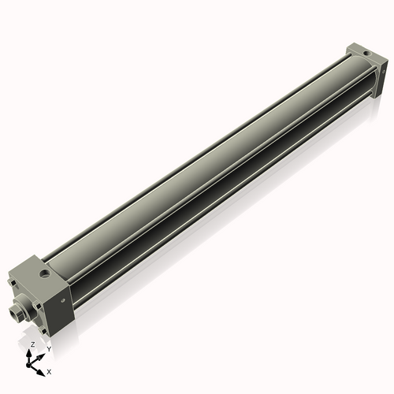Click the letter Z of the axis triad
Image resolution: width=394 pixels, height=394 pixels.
32,345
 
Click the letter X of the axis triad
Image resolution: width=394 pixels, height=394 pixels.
50,370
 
